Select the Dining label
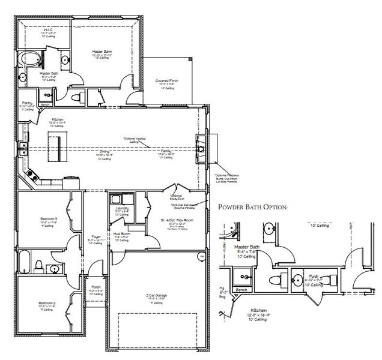tap(104, 152)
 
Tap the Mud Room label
tap(123, 235)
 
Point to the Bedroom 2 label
tap(47, 304)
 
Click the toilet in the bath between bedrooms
tap(39, 265)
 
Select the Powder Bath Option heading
tap(253, 208)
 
